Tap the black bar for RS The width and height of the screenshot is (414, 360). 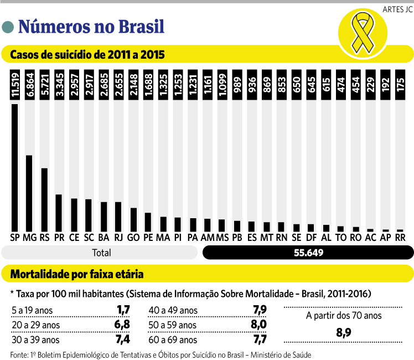[x=44, y=199]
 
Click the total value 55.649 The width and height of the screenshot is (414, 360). [x=308, y=253]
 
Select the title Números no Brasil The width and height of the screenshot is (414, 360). [x=91, y=25]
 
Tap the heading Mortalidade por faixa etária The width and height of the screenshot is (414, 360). [x=77, y=274]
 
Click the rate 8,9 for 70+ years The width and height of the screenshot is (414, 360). [x=344, y=332]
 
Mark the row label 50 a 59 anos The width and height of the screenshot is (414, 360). [x=173, y=325]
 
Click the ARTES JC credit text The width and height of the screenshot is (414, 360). [x=397, y=9]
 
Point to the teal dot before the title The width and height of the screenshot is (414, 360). [x=8, y=27]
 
